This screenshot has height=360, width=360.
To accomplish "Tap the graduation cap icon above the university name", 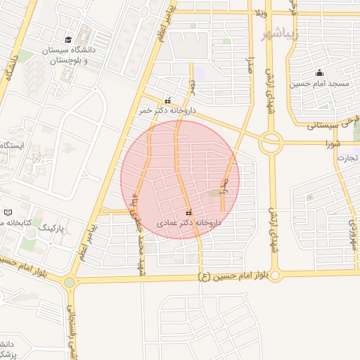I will point(67,39).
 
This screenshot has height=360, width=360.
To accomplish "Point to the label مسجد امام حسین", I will point(319,84).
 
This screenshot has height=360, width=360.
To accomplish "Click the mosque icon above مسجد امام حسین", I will point(319,72).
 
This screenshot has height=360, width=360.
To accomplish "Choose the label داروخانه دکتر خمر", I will point(167,110).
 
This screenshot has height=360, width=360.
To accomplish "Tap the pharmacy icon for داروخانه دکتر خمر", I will point(167,100).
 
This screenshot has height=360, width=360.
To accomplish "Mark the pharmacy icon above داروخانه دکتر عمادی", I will point(188,212).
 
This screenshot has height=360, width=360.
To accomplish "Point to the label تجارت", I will point(348,157).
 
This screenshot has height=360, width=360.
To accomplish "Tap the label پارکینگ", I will point(50,228).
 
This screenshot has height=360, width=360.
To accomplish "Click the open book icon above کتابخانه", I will point(8,212).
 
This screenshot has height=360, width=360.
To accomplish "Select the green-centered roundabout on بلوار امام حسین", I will point(69,283).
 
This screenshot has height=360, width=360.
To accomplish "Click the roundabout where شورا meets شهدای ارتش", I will point(271,143).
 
